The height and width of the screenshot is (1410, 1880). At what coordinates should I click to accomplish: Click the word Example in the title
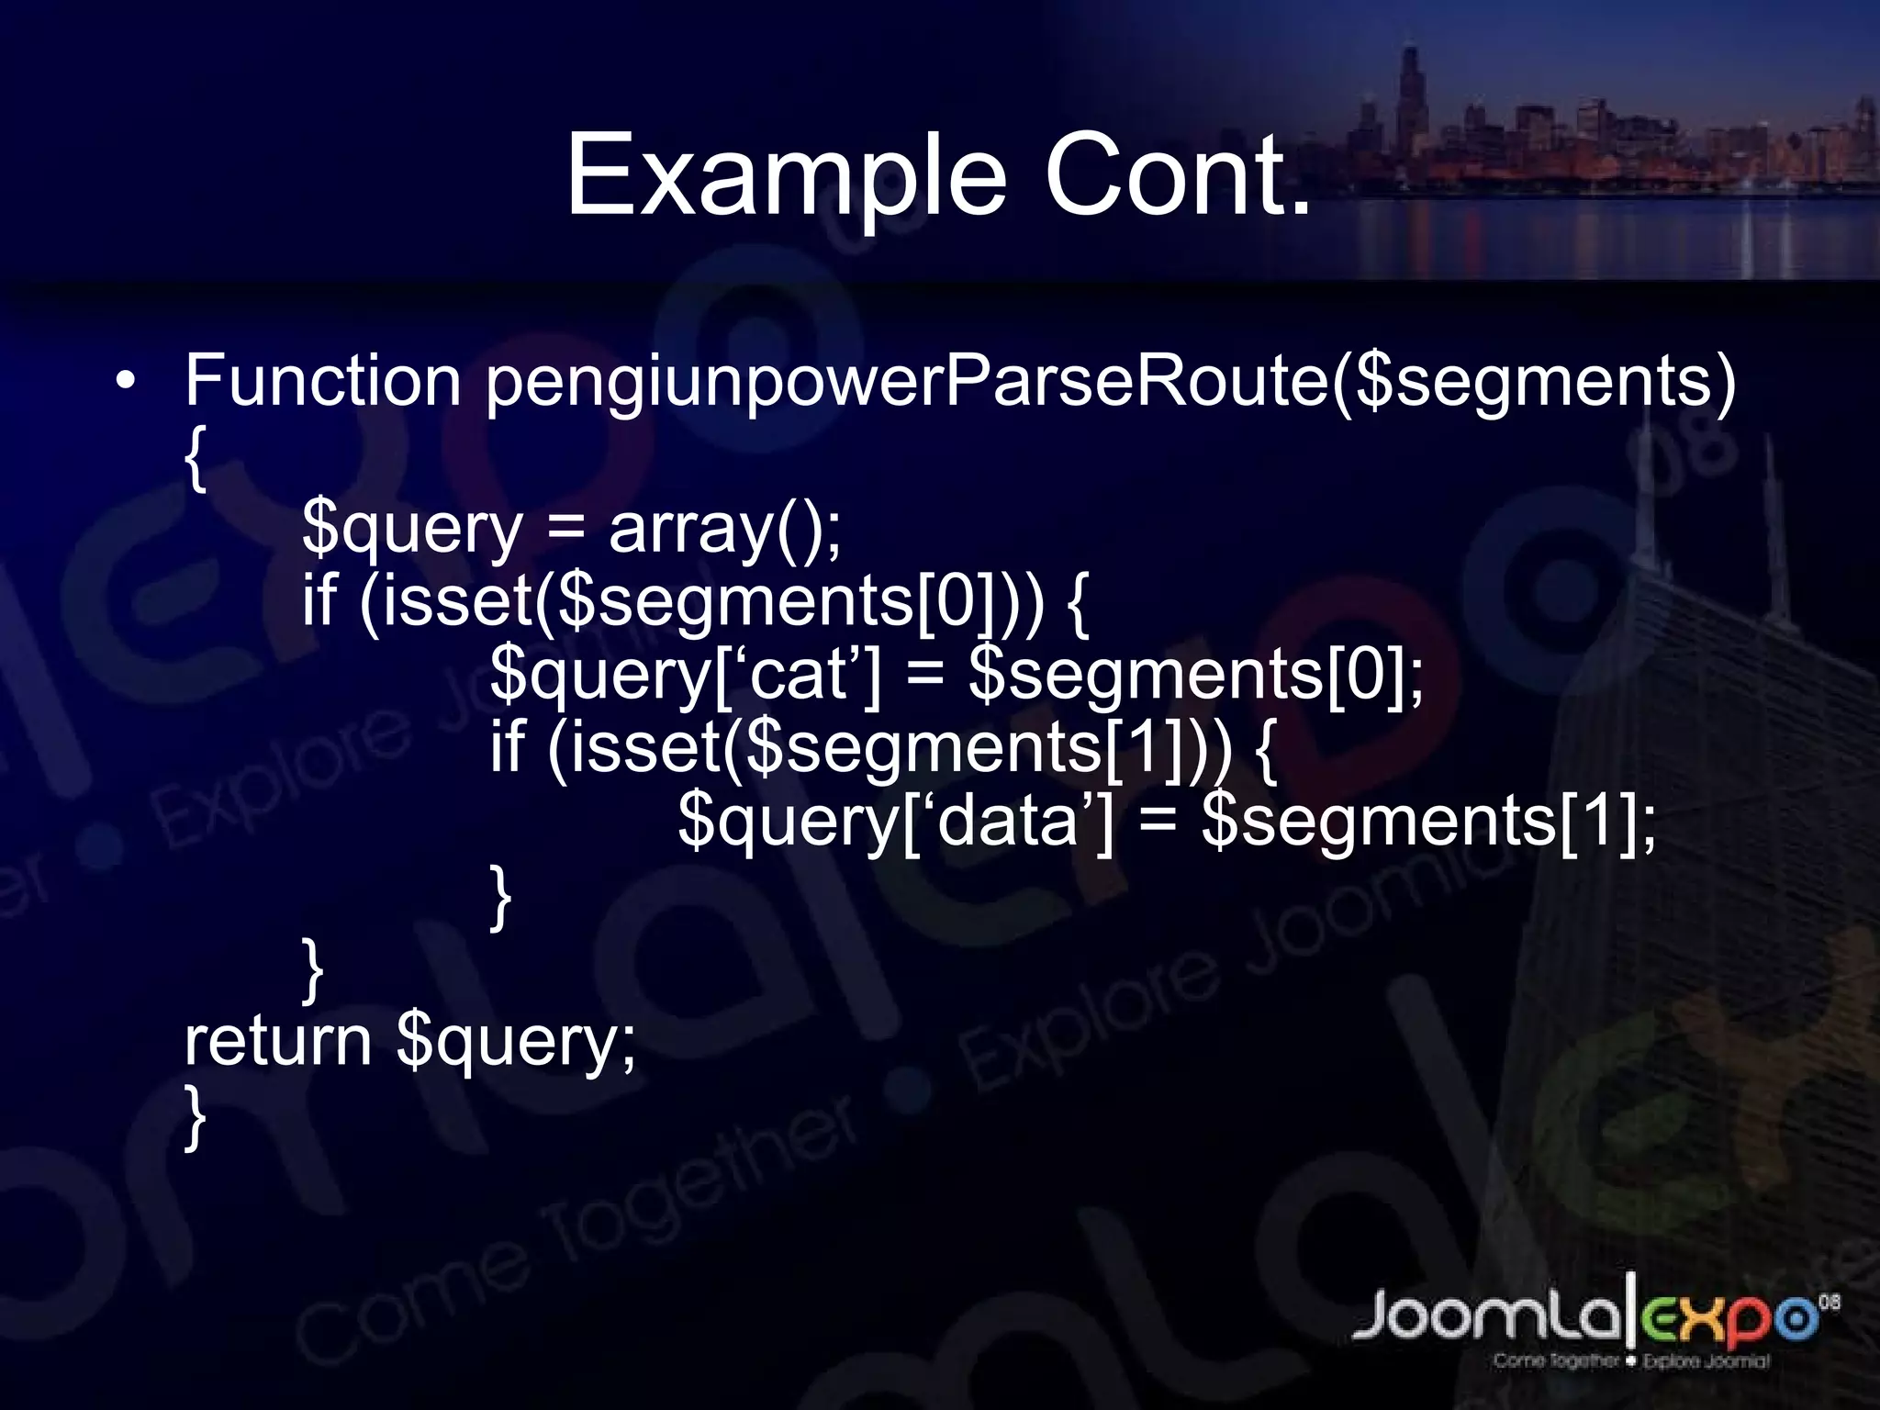coord(786,176)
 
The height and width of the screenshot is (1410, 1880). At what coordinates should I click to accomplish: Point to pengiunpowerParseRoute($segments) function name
coord(1110,383)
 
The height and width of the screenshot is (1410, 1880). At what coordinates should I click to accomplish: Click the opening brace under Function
coord(194,458)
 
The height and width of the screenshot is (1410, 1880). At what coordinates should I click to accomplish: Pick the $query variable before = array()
coord(411,532)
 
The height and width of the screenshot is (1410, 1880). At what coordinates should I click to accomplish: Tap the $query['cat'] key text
coord(685,677)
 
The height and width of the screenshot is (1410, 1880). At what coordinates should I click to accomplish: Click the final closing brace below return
coord(194,1117)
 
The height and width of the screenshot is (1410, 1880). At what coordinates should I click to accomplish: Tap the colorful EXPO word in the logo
coord(1726,1318)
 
